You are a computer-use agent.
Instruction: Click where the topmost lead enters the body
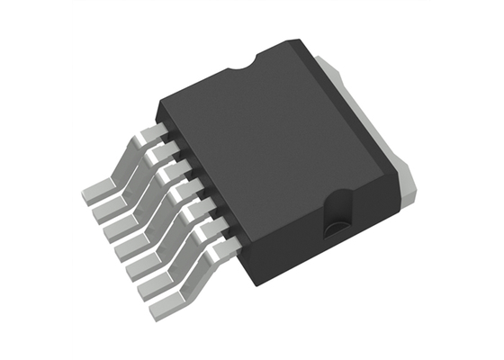pos(166,136)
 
